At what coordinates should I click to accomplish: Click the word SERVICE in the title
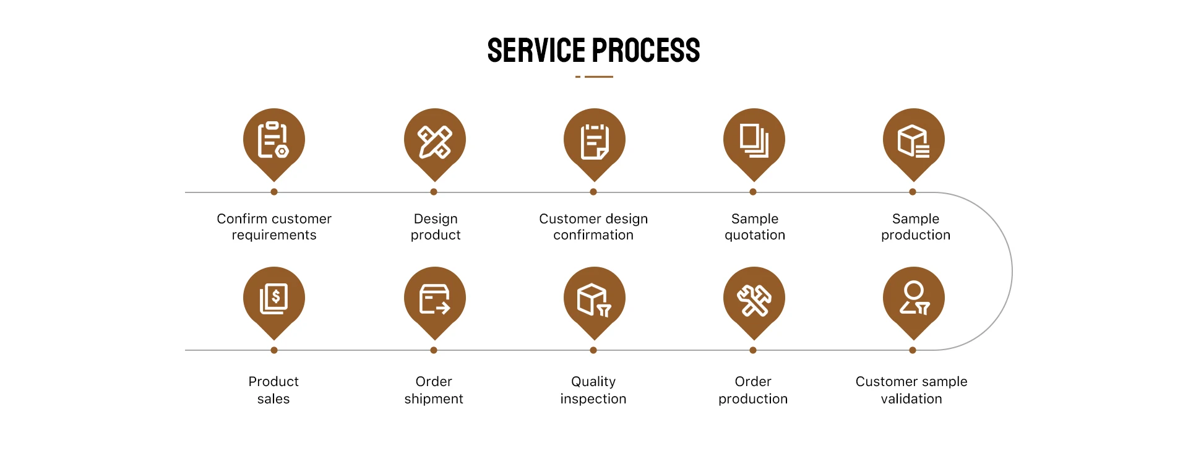click(x=536, y=51)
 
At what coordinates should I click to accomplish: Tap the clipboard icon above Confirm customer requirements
click(x=273, y=140)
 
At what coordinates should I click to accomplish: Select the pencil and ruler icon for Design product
click(x=434, y=142)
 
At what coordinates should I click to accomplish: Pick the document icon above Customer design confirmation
click(x=594, y=142)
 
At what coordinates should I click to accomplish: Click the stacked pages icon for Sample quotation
click(x=754, y=140)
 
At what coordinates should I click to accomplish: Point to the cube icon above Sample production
click(x=913, y=141)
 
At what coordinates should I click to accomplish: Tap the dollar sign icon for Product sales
click(x=273, y=299)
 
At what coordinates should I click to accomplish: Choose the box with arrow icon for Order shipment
click(x=434, y=299)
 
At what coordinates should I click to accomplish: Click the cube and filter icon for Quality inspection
click(x=594, y=300)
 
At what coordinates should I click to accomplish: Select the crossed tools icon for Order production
click(x=754, y=300)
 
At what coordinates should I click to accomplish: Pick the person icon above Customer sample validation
click(x=913, y=298)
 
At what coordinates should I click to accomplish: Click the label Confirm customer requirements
click(x=274, y=227)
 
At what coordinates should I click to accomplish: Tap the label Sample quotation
click(x=754, y=227)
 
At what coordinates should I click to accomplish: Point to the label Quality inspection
click(x=593, y=390)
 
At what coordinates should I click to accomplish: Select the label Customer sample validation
click(x=911, y=390)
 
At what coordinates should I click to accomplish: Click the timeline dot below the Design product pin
click(x=434, y=192)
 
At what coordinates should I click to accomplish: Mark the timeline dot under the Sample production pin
click(x=913, y=192)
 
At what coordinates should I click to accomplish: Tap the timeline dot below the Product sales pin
click(x=274, y=350)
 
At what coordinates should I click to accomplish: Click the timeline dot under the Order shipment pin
click(x=434, y=350)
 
